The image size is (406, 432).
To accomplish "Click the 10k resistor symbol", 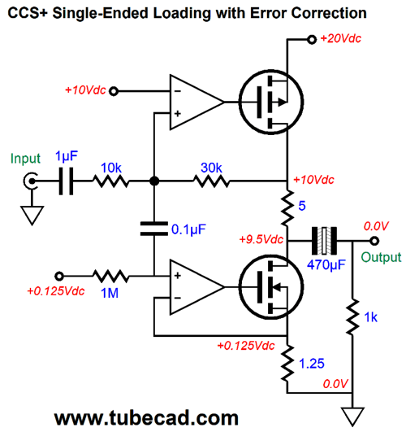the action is click(110, 181).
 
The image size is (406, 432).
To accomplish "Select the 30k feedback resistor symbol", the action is click(211, 181).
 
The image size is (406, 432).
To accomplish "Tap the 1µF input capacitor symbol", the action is click(67, 181).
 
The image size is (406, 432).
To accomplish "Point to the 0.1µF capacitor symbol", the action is click(154, 229).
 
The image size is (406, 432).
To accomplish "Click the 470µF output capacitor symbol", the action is click(324, 241).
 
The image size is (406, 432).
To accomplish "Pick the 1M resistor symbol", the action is click(110, 276).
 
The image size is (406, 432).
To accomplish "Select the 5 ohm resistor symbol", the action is click(287, 207).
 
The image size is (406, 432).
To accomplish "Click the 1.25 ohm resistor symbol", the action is click(287, 363).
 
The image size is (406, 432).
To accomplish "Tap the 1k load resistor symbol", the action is click(352, 316).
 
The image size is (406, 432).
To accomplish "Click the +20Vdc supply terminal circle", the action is click(312, 40).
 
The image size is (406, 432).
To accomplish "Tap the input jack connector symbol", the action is click(31, 181).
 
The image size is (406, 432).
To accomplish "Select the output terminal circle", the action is click(374, 241).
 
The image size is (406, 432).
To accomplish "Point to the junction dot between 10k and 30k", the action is click(154, 181).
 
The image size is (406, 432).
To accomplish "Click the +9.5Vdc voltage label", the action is click(261, 239).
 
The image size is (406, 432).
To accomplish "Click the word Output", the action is click(381, 258).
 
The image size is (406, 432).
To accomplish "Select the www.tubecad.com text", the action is click(146, 418).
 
